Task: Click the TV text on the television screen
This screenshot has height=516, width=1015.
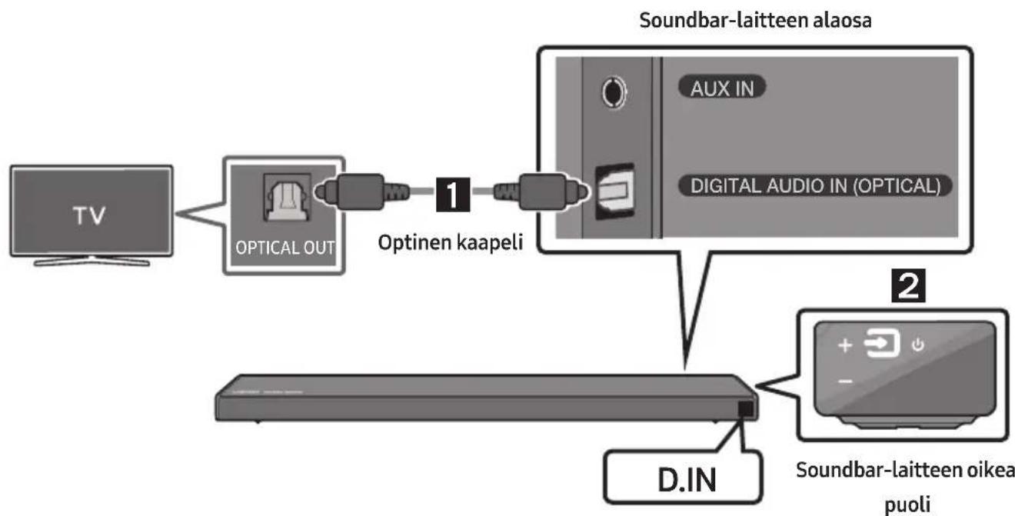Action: pos(89,215)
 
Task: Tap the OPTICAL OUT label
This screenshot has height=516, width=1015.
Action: pos(285,248)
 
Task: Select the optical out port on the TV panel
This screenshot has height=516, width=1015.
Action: pos(287,198)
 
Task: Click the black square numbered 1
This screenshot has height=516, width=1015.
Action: pos(453,195)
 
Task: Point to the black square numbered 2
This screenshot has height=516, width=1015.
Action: pos(909,285)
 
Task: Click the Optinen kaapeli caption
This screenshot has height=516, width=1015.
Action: pos(451,242)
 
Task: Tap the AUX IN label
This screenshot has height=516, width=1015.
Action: pos(722,88)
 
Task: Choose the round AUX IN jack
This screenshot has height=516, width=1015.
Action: pos(614,92)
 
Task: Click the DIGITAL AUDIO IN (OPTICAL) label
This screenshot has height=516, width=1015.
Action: pos(815,186)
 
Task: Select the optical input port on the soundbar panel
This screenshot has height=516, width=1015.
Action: pos(614,191)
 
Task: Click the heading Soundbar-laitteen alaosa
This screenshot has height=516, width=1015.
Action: pos(755,21)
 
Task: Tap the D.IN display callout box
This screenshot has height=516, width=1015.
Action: pos(684,477)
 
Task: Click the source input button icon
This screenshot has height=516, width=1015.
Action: pos(882,344)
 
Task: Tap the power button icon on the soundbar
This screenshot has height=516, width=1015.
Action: pos(918,345)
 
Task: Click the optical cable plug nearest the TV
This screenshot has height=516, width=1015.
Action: pos(362,191)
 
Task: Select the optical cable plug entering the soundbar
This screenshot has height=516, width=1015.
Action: pos(542,191)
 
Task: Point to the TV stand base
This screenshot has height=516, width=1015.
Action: pos(92,261)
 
